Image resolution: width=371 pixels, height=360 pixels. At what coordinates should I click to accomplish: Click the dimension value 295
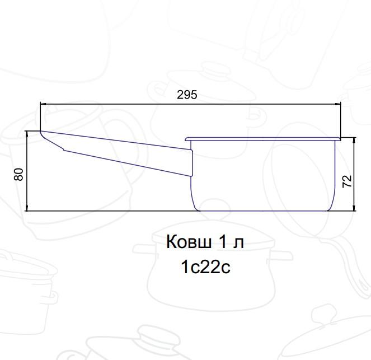[187, 95]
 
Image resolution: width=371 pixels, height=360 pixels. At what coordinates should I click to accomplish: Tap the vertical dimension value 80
[18, 175]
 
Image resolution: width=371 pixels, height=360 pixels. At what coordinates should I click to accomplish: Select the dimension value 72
[347, 181]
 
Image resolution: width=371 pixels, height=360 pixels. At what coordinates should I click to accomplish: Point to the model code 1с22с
[205, 267]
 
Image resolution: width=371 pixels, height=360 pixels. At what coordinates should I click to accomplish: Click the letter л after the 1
[238, 244]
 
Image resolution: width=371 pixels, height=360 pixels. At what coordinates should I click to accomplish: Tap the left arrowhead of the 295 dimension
[44, 104]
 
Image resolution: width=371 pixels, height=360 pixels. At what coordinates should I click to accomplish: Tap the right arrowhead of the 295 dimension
[337, 104]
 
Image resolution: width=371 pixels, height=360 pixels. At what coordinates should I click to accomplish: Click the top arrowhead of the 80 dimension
[27, 134]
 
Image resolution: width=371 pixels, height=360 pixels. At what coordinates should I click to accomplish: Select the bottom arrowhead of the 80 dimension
[27, 207]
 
